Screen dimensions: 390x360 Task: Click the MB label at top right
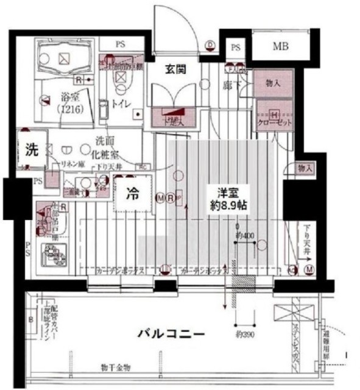click(x=280, y=46)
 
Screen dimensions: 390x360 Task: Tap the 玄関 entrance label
click(x=176, y=69)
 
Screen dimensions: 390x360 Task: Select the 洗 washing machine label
click(x=32, y=149)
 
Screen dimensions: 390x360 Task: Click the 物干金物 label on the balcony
click(x=115, y=367)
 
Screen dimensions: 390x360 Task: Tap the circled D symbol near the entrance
click(x=211, y=44)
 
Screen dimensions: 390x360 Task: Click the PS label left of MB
click(x=235, y=48)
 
